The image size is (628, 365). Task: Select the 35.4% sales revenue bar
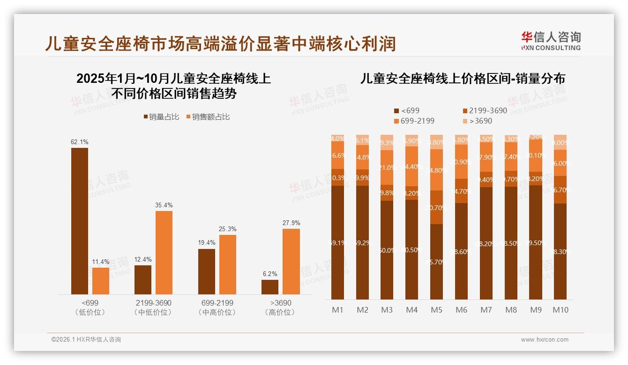[x=164, y=253]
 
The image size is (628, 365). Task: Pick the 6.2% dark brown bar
[x=270, y=287]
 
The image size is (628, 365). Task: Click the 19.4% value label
[x=207, y=242]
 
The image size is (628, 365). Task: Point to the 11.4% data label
[x=101, y=261]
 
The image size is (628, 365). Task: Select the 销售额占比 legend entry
[x=208, y=117]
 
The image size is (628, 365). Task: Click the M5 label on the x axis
[x=436, y=310]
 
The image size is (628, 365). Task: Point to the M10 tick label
[x=560, y=310]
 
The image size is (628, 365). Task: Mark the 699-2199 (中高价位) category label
[x=216, y=307]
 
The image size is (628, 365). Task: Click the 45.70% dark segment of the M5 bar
[x=436, y=262]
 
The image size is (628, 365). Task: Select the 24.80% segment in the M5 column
[x=436, y=170]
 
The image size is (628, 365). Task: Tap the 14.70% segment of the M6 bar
[x=461, y=191]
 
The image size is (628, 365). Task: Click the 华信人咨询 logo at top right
[x=550, y=41]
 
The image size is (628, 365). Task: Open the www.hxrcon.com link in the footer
[x=545, y=340]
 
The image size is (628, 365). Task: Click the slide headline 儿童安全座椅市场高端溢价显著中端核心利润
[x=220, y=44]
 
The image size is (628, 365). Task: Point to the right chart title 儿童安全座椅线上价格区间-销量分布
[x=463, y=79]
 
